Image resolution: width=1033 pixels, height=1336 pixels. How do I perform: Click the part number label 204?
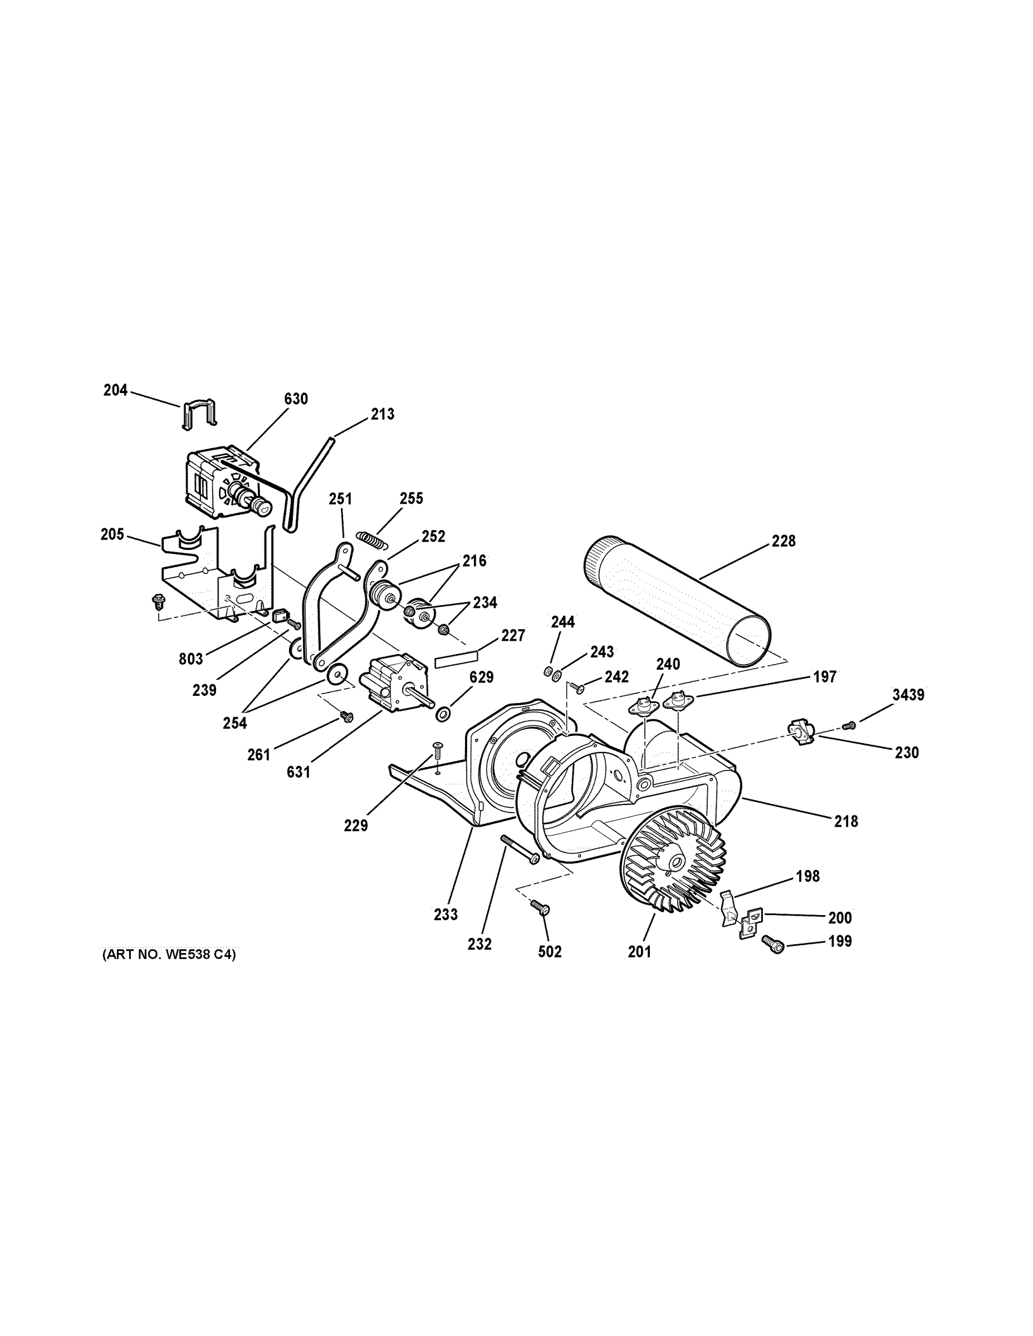pos(115,390)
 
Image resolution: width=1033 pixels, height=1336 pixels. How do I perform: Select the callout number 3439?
pos(908,695)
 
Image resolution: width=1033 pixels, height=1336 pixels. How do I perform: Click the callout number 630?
pos(296,399)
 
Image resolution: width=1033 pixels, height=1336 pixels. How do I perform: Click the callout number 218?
pos(846,821)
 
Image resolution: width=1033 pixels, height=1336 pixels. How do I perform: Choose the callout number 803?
pos(190,659)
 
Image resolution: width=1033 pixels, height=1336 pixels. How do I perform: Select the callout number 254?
pos(234,723)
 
